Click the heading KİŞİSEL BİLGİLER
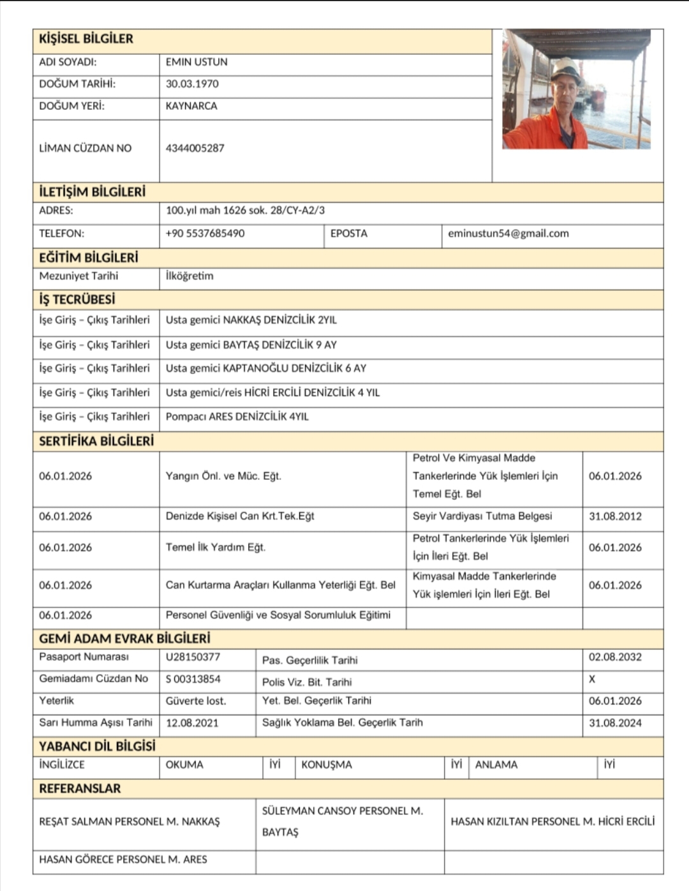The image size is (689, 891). click(86, 39)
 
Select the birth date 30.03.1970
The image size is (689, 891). click(192, 84)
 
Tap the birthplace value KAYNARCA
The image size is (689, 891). click(191, 106)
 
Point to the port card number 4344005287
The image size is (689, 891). click(195, 148)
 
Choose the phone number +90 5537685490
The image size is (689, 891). click(205, 234)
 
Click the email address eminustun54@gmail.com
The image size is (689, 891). click(508, 234)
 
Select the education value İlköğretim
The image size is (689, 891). click(189, 276)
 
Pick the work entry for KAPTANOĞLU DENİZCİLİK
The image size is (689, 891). click(266, 368)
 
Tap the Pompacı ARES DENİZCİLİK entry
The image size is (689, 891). click(237, 417)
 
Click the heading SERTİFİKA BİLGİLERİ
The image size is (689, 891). click(96, 441)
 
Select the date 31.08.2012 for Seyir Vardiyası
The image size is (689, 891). click(615, 516)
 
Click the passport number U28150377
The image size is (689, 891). click(193, 657)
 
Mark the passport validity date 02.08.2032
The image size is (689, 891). click(615, 657)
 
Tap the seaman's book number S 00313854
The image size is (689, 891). click(193, 679)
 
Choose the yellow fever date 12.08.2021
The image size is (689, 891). click(192, 723)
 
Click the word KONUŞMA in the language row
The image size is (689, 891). click(327, 765)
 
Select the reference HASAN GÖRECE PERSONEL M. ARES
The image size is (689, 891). click(123, 860)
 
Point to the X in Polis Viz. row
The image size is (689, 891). click(592, 679)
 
